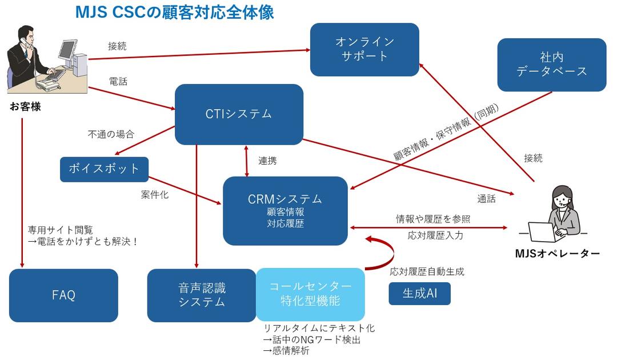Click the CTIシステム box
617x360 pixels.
pos(239,114)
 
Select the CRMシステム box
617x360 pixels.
pos(285,210)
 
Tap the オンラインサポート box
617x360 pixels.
pos(364,49)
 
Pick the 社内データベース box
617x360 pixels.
pos(551,65)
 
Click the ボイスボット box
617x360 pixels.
pos(104,169)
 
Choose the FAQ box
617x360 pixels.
pos(63,295)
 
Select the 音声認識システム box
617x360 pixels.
pos(202,295)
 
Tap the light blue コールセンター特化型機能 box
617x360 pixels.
pos(310,294)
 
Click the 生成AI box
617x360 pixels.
pos(420,294)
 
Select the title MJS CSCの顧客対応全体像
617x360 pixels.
pos(174,12)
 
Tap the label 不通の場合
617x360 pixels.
pos(111,135)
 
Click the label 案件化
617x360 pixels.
pos(154,195)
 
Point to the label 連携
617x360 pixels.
pos(267,161)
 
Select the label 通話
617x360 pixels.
pos(486,199)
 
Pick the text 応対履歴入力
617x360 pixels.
pos(435,235)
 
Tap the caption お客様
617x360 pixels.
pos(25,106)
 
